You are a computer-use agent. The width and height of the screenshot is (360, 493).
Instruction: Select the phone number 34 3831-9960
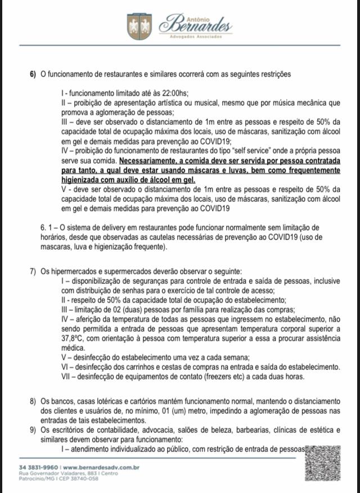38,467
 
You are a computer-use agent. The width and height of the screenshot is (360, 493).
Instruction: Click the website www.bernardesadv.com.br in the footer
101,467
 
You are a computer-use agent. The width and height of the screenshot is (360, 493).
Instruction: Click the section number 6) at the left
33,75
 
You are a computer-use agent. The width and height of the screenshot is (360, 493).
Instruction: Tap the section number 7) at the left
33,272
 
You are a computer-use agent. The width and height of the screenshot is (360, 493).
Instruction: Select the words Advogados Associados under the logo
196,37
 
